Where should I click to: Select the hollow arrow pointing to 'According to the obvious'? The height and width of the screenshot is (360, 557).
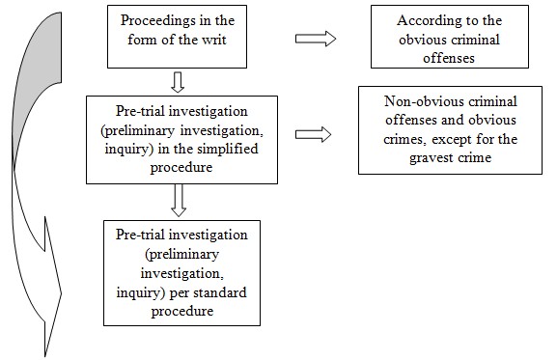click(315, 38)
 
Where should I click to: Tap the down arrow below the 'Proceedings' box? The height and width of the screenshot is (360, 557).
click(177, 79)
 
